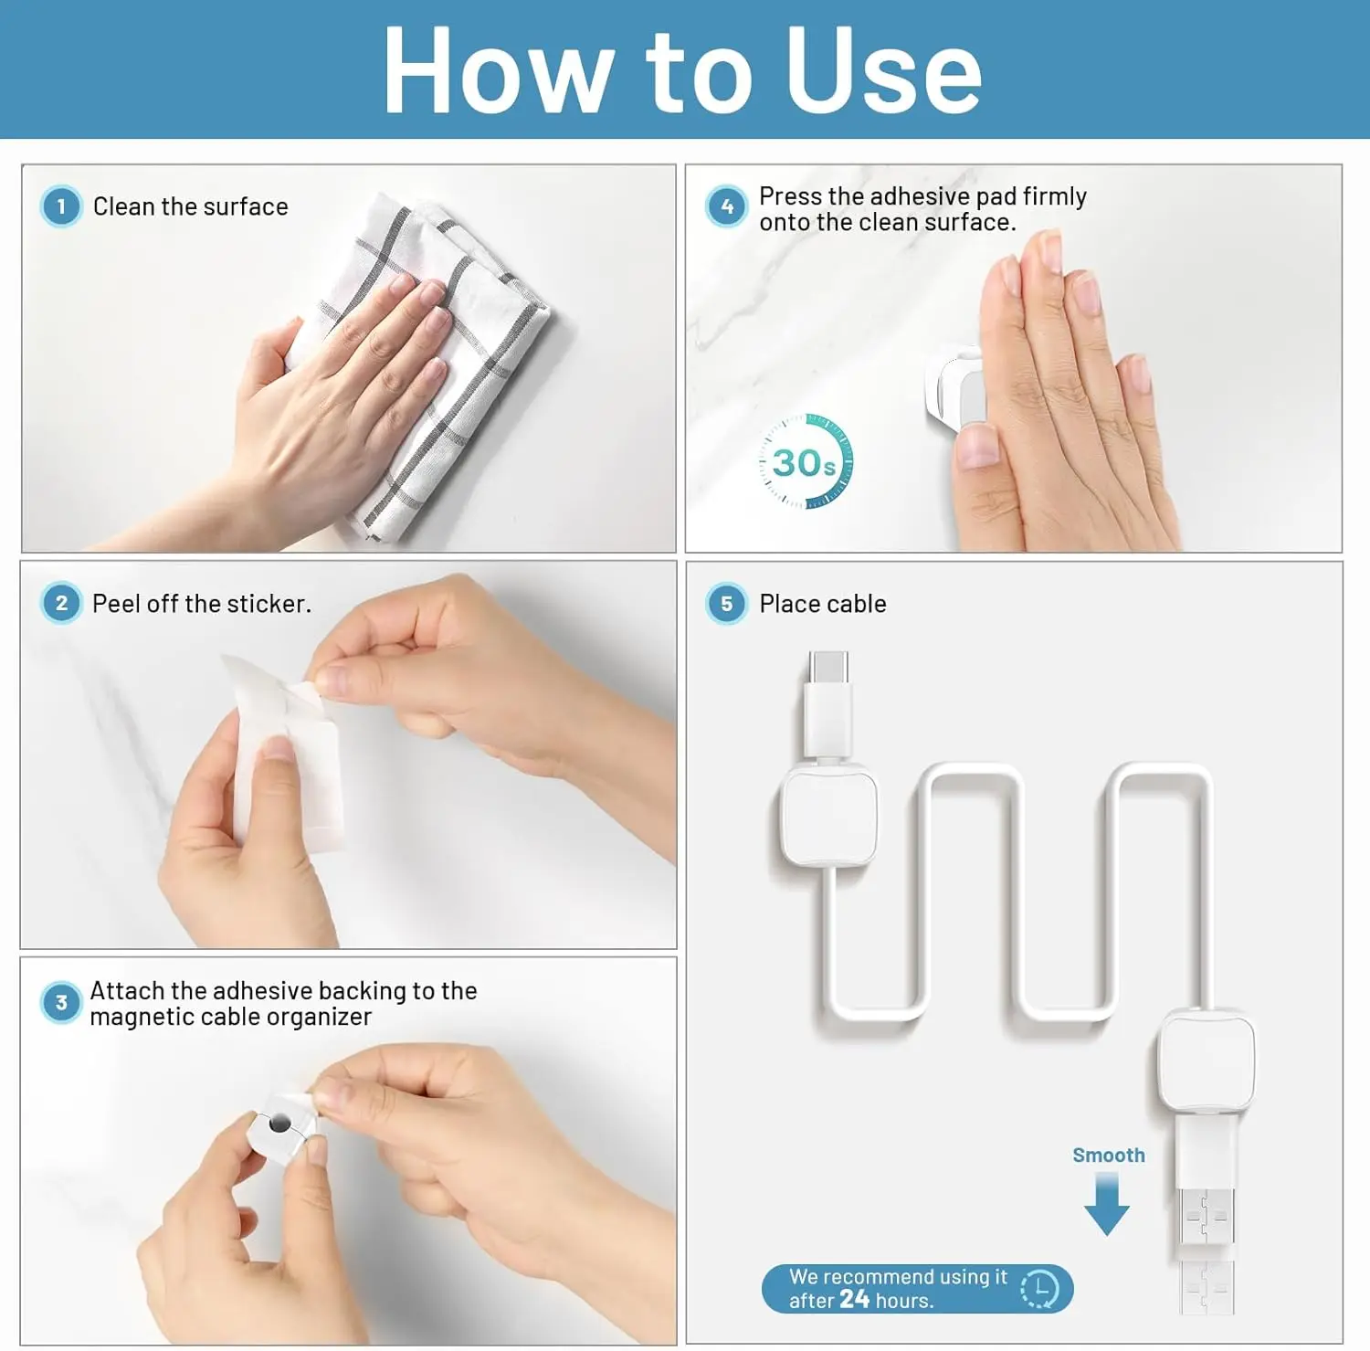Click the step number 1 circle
(61, 206)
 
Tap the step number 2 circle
(61, 603)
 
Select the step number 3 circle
(61, 1002)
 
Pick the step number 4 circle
(727, 206)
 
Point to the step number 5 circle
(727, 604)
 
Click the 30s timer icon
(806, 461)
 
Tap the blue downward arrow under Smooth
(1107, 1204)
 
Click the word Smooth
(1109, 1156)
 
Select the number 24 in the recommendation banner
(855, 1299)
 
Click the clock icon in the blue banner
(1039, 1289)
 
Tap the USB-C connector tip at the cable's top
(828, 667)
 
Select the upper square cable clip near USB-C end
(829, 816)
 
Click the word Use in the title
(884, 70)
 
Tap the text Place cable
(823, 604)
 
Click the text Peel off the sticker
(202, 604)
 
